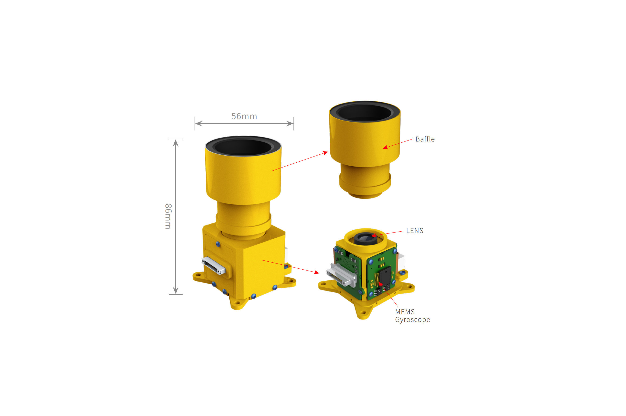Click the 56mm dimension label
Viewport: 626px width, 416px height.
[244, 116]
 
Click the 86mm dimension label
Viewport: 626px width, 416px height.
[168, 216]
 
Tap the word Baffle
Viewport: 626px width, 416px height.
[425, 139]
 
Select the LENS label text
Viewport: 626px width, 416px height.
[415, 231]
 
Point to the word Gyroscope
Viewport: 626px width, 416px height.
[412, 320]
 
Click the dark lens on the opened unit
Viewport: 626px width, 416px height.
[366, 239]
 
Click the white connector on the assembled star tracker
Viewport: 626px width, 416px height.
[214, 266]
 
